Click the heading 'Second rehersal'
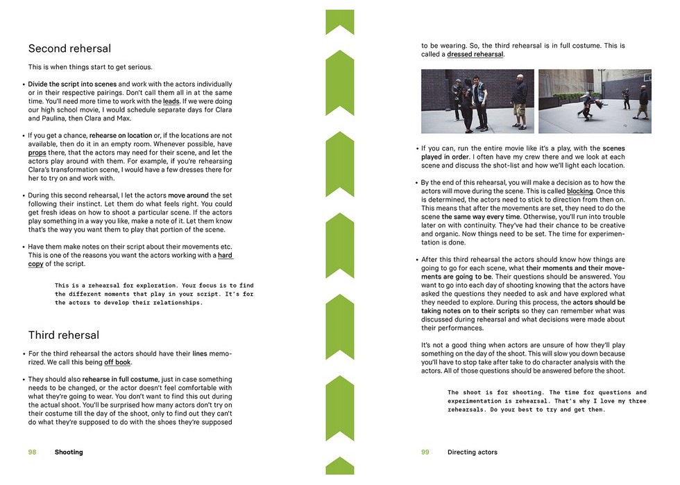[x=69, y=49]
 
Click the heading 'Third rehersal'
[x=64, y=335]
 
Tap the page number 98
[x=32, y=452]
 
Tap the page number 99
[x=425, y=452]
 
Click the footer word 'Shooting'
[x=69, y=452]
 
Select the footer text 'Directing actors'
[x=473, y=452]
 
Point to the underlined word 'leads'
[x=171, y=102]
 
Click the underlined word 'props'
[x=37, y=152]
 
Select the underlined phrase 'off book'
[x=117, y=362]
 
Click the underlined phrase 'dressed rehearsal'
[x=475, y=54]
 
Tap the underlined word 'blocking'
[x=579, y=191]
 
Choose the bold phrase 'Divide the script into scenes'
[x=72, y=85]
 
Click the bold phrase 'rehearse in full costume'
[x=120, y=379]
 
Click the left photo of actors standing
[x=477, y=101]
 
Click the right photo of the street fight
[x=595, y=101]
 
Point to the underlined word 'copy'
[x=36, y=264]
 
